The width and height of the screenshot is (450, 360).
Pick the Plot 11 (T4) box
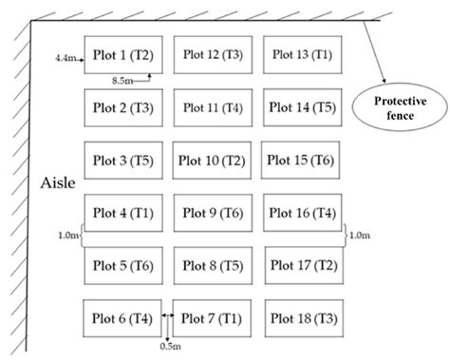[212, 107]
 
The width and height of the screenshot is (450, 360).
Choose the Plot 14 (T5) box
[302, 107]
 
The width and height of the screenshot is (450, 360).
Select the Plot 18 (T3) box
[302, 316]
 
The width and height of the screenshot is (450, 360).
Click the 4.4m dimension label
[66, 57]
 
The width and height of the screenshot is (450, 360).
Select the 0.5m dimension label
[167, 348]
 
